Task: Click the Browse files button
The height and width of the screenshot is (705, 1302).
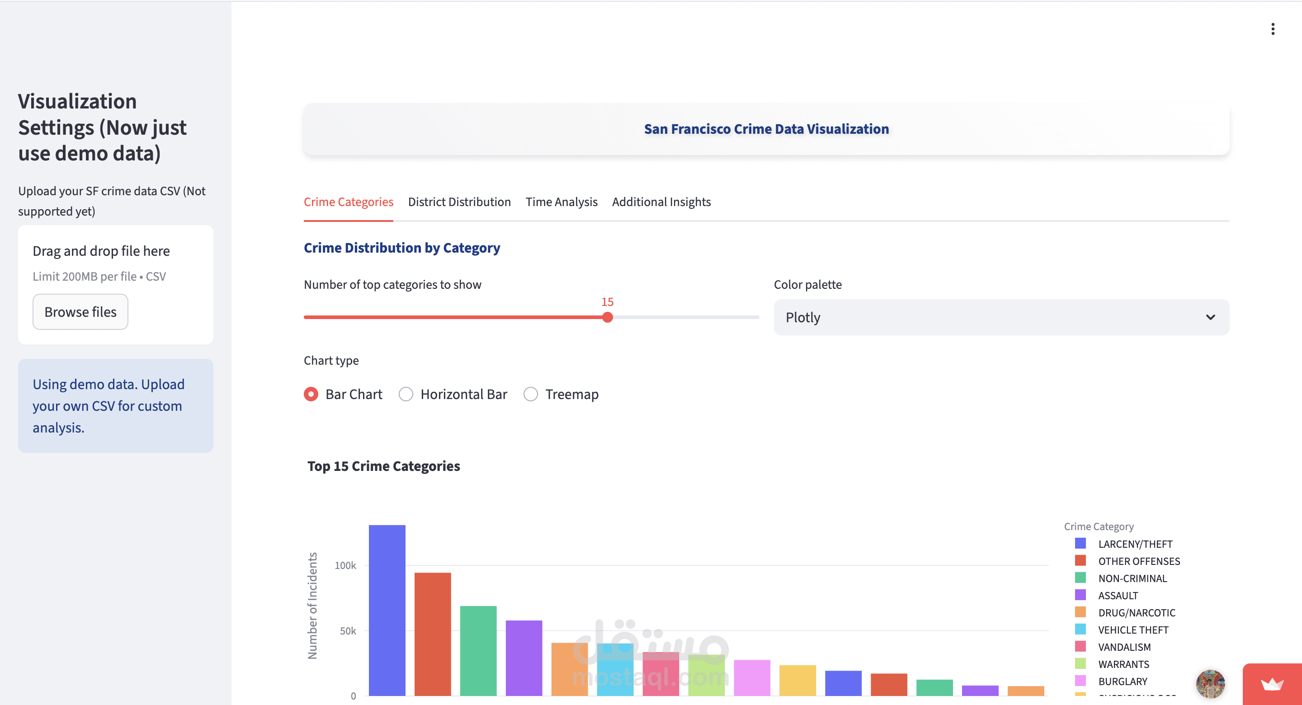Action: (80, 312)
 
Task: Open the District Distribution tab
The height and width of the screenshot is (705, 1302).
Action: (459, 202)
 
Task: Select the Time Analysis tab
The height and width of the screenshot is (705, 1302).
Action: (561, 202)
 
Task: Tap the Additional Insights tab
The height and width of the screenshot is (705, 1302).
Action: (661, 202)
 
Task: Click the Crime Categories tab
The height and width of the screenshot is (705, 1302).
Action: (348, 202)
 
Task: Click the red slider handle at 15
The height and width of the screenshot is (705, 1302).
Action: (608, 317)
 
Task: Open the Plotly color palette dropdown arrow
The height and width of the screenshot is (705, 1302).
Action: (1210, 317)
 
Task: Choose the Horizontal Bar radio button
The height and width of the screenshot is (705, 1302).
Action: (406, 394)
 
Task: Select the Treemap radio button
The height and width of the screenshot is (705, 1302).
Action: (531, 394)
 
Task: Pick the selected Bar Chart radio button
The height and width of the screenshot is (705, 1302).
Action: (311, 394)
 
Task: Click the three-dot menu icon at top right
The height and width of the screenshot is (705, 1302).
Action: (1273, 29)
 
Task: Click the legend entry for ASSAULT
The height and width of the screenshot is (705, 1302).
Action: (1118, 595)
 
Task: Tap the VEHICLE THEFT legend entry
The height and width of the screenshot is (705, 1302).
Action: (1132, 630)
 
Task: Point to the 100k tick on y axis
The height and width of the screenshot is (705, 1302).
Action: (345, 565)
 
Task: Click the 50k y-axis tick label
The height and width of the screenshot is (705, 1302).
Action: (348, 631)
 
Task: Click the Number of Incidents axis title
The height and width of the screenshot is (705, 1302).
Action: (312, 606)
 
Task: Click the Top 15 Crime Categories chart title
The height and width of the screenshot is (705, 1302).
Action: (384, 466)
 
